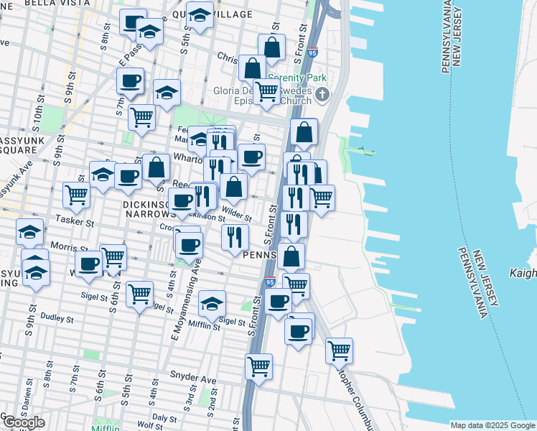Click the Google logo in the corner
tap(23, 422)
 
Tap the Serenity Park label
tap(297, 78)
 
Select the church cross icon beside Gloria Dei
tap(323, 93)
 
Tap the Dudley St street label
tap(58, 317)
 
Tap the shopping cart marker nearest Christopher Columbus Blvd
tap(339, 351)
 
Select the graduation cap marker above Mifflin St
tap(212, 303)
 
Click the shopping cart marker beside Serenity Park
tap(266, 91)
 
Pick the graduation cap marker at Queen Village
tap(200, 15)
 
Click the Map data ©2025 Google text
tap(492, 425)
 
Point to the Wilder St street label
tap(237, 214)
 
